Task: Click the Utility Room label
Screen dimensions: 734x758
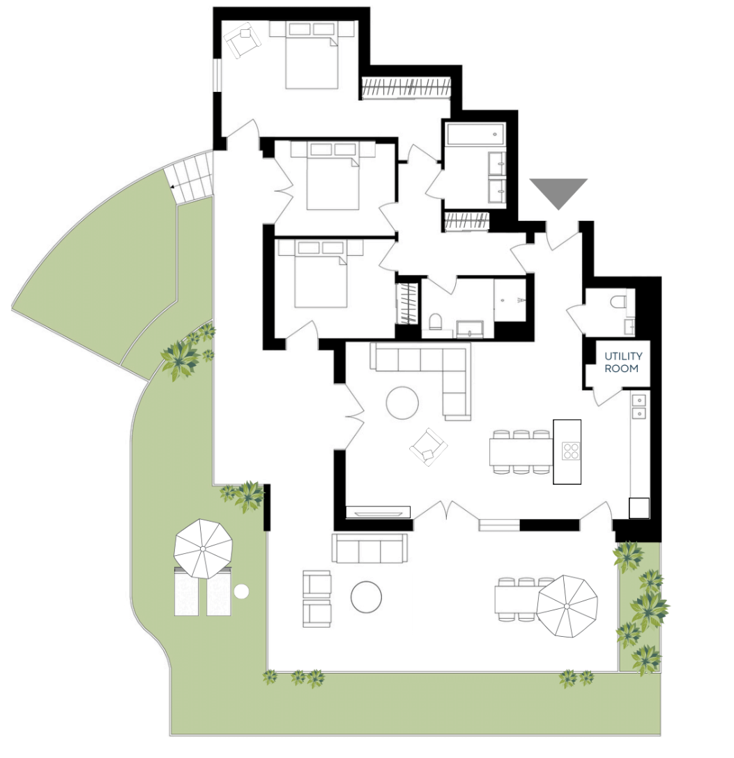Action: pos(623,362)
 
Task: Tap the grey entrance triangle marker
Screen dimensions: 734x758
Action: pos(558,191)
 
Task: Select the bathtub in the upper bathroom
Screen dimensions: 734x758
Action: pos(476,134)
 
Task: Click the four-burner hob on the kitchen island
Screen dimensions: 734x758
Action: pos(571,451)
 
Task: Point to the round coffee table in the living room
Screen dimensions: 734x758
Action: pos(402,403)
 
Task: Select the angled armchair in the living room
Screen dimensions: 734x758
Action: pos(428,447)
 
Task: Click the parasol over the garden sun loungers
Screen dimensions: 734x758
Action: pos(203,549)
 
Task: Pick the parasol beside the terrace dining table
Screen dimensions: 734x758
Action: pos(567,606)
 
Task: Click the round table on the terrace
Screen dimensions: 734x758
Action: pos(366,597)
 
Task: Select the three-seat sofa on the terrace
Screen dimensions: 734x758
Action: pos(369,548)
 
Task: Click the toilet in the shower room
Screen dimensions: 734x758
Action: pos(435,321)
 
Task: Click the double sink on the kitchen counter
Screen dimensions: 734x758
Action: pos(639,407)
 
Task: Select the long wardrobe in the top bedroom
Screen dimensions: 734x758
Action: pos(406,88)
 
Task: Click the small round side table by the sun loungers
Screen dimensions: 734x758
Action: pos(240,591)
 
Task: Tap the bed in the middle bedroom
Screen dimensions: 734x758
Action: pos(333,176)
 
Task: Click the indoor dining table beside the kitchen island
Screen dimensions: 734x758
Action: pos(521,451)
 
